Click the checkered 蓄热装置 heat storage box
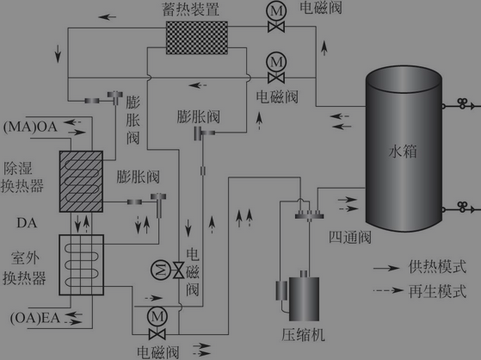tap(197, 38)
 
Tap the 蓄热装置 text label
tap(190, 9)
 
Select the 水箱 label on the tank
tap(403, 152)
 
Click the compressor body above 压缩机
tap(304, 299)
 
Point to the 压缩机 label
tap(303, 334)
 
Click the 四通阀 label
tap(349, 237)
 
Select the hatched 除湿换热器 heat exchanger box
tap(81, 181)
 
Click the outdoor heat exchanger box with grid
tap(81, 264)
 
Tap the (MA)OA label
tap(30, 127)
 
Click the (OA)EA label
tap(35, 318)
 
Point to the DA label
tap(27, 223)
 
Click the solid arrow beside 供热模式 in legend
tap(386, 268)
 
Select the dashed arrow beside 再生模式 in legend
tap(388, 290)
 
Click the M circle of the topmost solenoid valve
tap(276, 12)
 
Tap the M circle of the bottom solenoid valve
tap(157, 316)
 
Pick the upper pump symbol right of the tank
tap(462, 103)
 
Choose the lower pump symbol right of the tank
tap(462, 207)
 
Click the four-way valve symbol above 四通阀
tap(309, 214)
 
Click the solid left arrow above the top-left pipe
tap(108, 17)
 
